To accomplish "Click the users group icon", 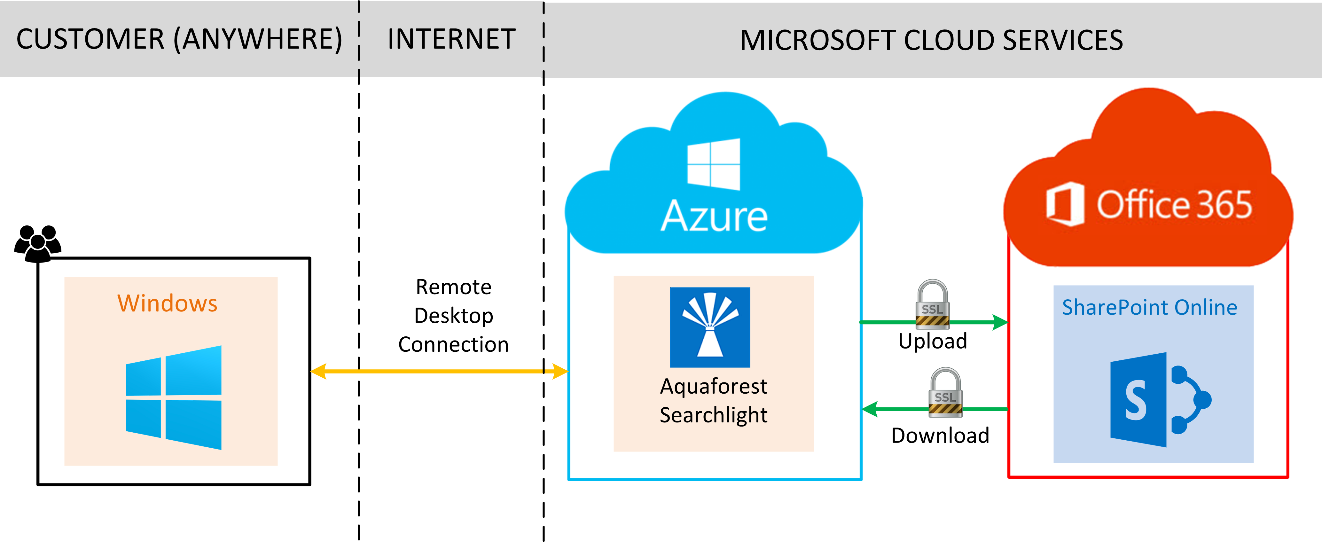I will pyautogui.click(x=37, y=243).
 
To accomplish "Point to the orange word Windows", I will pyautogui.click(x=167, y=303).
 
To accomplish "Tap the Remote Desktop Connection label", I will pyautogui.click(x=454, y=316).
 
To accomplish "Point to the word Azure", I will pyautogui.click(x=714, y=216).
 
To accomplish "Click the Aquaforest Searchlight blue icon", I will pyautogui.click(x=710, y=327).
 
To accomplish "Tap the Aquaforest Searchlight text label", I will pyautogui.click(x=713, y=400).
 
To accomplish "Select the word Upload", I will pyautogui.click(x=933, y=341).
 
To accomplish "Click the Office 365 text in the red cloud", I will pyautogui.click(x=1174, y=204).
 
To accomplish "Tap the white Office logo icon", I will pyautogui.click(x=1065, y=204).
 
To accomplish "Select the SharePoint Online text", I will pyautogui.click(x=1150, y=307).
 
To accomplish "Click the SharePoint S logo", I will pyautogui.click(x=1159, y=399).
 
